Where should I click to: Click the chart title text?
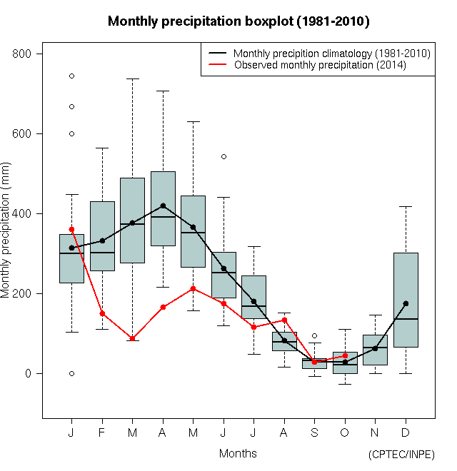pyautogui.click(x=238, y=21)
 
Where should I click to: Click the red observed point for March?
pyautogui.click(x=133, y=338)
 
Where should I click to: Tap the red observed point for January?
pyautogui.click(x=71, y=229)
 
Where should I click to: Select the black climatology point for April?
pyautogui.click(x=163, y=206)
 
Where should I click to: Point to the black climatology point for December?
pyautogui.click(x=406, y=303)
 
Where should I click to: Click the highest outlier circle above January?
pyautogui.click(x=71, y=76)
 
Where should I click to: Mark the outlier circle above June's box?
pyautogui.click(x=224, y=156)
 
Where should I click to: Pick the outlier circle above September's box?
pyautogui.click(x=314, y=335)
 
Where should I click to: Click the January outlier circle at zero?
pyautogui.click(x=71, y=373)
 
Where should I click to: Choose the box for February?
pyautogui.click(x=102, y=235)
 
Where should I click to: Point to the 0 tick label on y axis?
pyautogui.click(x=37, y=374)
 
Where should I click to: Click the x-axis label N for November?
pyautogui.click(x=375, y=433)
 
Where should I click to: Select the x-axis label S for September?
pyautogui.click(x=314, y=433)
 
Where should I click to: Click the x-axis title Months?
pyautogui.click(x=238, y=453)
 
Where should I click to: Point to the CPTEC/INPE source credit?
pyautogui.click(x=401, y=455)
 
